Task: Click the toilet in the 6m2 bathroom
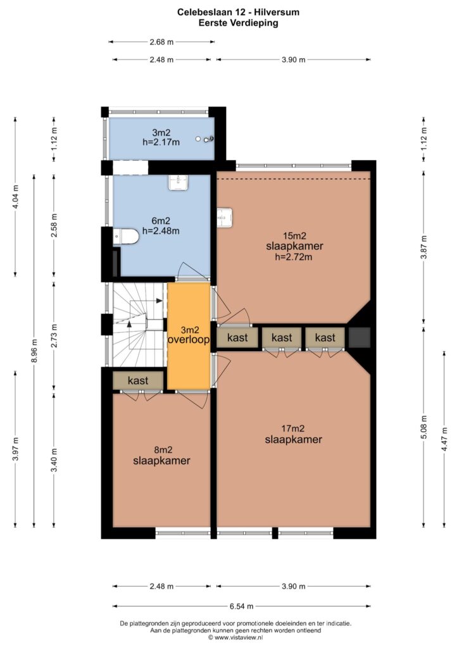(x=126, y=236)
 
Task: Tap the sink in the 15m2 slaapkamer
(x=225, y=217)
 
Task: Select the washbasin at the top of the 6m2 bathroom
(x=179, y=182)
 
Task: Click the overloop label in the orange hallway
(x=189, y=340)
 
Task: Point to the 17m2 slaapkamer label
(x=294, y=434)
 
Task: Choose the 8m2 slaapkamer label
(x=161, y=456)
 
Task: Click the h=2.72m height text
(x=294, y=257)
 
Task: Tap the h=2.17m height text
(x=161, y=142)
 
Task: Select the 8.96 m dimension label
(x=34, y=351)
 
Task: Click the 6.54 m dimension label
(x=241, y=606)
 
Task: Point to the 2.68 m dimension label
(x=161, y=42)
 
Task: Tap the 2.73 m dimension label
(x=54, y=336)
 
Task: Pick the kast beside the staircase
(x=138, y=380)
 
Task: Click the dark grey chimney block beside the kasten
(x=359, y=337)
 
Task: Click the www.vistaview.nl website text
(x=239, y=638)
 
